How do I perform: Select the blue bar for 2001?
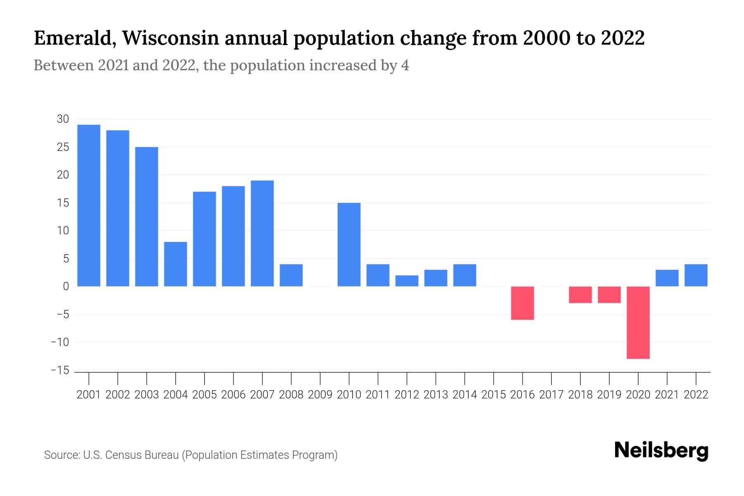click(x=89, y=205)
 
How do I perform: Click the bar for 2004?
click(x=176, y=264)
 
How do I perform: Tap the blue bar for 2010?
click(x=349, y=244)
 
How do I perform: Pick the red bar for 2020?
click(x=638, y=322)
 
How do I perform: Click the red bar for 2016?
click(x=522, y=303)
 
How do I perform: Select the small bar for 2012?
click(x=407, y=281)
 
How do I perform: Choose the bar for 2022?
click(x=696, y=275)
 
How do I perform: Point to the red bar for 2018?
click(x=580, y=295)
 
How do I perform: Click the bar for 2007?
click(x=262, y=233)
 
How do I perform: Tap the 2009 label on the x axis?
click(x=320, y=395)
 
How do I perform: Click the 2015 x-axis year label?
click(x=494, y=395)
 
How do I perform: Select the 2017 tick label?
click(x=551, y=395)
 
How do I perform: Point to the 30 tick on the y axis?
click(x=63, y=119)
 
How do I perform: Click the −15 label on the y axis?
click(x=60, y=370)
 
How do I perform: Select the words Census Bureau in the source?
click(x=143, y=455)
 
